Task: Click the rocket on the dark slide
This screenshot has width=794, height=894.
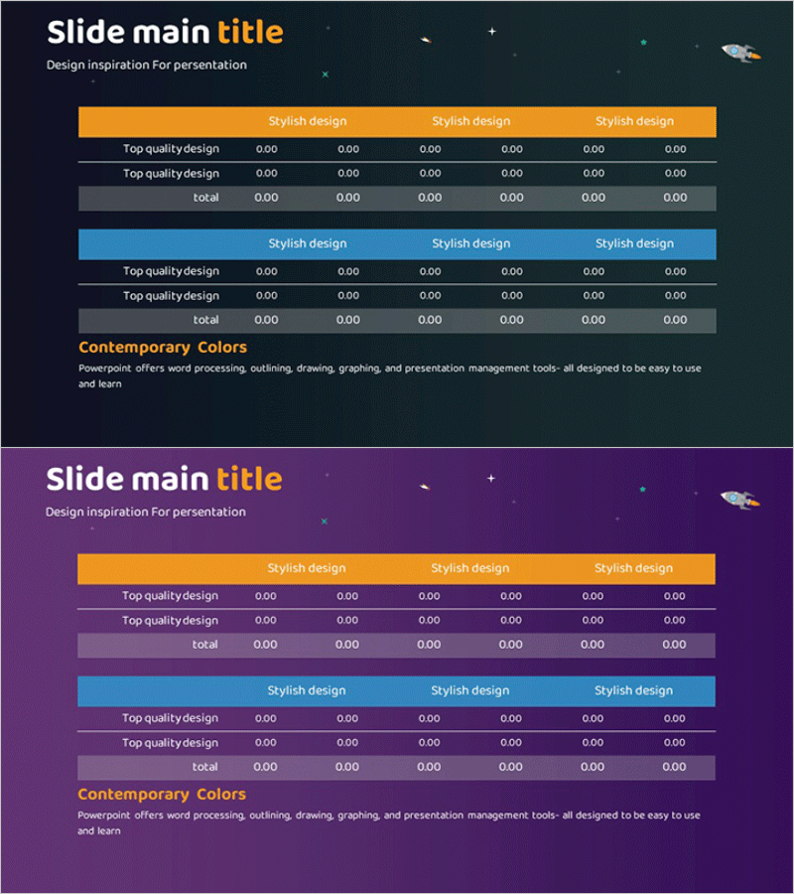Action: tap(739, 52)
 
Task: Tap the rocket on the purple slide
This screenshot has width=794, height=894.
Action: tap(738, 499)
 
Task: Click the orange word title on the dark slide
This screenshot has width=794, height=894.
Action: tap(250, 33)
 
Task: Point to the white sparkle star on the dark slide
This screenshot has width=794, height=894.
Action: tap(491, 32)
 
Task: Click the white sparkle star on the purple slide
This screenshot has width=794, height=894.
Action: tap(490, 479)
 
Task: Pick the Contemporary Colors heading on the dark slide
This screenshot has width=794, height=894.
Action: tap(163, 348)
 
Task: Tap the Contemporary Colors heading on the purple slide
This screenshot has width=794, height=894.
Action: tap(162, 795)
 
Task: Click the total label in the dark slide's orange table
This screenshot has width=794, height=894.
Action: tap(206, 198)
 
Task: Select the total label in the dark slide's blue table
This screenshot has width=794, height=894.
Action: tap(206, 320)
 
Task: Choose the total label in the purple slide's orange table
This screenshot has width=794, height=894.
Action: tap(205, 645)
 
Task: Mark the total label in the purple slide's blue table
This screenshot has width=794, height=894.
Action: tap(205, 767)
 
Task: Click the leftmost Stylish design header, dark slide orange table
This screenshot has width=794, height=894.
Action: tap(308, 121)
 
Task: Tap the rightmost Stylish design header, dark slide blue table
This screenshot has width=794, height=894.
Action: tap(634, 243)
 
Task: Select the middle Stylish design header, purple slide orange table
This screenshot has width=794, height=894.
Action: tap(470, 568)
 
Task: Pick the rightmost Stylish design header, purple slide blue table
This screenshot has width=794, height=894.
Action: tap(633, 690)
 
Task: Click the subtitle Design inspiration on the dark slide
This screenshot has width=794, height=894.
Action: tap(147, 66)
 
